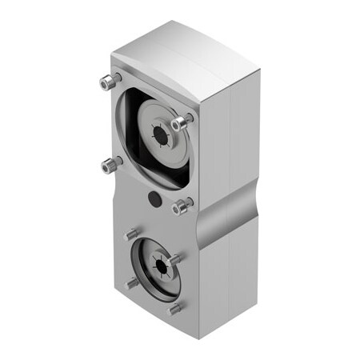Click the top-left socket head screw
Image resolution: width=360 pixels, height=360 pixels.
point(107,82)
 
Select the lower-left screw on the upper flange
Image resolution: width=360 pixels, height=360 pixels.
point(110,166)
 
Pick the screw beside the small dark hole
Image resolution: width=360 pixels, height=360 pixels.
point(182,206)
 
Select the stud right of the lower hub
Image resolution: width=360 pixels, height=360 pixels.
point(174,258)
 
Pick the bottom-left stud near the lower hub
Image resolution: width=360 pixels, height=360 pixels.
point(131,282)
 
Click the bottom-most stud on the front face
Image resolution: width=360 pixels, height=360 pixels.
point(175,308)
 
